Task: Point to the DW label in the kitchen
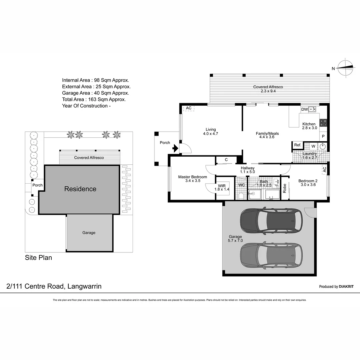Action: click(304, 109)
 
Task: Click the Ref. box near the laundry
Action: click(297, 145)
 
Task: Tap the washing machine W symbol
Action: click(313, 146)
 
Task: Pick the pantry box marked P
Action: click(323, 136)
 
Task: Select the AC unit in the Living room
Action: click(189, 108)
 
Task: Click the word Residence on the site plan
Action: click(80, 189)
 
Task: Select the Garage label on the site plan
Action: click(89, 233)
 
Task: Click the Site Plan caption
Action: click(39, 258)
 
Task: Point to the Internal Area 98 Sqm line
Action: click(95, 80)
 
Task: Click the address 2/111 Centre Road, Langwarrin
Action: click(54, 286)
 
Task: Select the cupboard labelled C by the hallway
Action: click(226, 160)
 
